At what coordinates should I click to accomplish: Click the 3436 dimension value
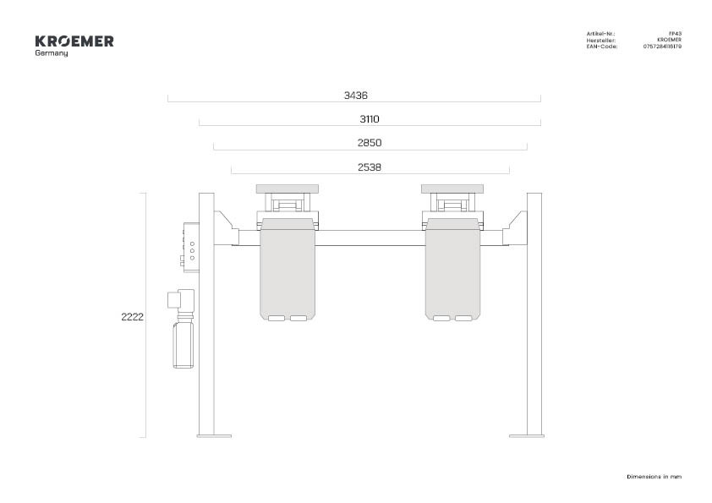pyautogui.click(x=355, y=96)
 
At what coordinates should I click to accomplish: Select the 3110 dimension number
pyautogui.click(x=370, y=119)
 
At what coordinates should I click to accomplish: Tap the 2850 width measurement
pyautogui.click(x=370, y=143)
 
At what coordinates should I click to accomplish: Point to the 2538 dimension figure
pyautogui.click(x=370, y=167)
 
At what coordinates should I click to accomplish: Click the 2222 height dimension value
pyautogui.click(x=132, y=317)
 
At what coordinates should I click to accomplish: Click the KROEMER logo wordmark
pyautogui.click(x=74, y=41)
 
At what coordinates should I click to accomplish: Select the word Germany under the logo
pyautogui.click(x=52, y=53)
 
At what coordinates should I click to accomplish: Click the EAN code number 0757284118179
pyautogui.click(x=662, y=46)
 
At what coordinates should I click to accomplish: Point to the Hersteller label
pyautogui.click(x=600, y=40)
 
